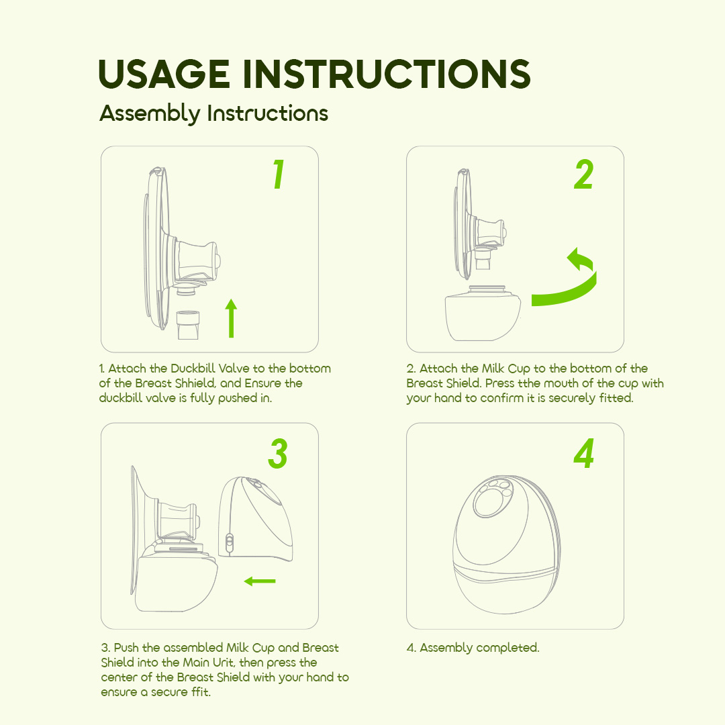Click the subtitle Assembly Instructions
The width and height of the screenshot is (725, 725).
point(213,113)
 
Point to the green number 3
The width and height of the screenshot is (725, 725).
point(277,454)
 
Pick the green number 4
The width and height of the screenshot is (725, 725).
point(583,454)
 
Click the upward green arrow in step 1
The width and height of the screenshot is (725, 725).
point(231,319)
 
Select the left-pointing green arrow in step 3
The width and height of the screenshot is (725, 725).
point(260,581)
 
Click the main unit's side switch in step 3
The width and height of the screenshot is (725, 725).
point(229,542)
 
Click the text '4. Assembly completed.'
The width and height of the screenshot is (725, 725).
point(473,648)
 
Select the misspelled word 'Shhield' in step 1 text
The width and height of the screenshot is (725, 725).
point(191,383)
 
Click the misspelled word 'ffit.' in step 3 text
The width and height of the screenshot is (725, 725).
point(197,692)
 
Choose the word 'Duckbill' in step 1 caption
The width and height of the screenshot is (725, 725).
point(193,369)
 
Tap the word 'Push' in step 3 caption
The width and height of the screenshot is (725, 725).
point(127,648)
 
